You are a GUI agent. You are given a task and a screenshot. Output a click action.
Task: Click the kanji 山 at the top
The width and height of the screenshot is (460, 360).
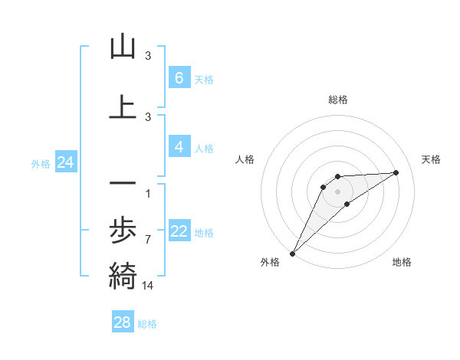click(123, 47)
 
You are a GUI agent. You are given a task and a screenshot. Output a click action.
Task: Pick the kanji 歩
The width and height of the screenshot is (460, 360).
click(123, 230)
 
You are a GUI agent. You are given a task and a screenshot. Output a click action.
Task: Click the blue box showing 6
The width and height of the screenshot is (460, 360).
click(179, 78)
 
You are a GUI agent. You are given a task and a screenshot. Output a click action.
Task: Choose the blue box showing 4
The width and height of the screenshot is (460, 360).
click(179, 147)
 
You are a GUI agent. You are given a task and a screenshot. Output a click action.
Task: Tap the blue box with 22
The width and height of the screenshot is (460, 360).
click(179, 231)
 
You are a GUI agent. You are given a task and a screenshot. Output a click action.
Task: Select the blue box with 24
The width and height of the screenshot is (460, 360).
click(65, 162)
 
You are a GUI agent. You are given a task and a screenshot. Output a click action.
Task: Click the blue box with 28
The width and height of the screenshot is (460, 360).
click(123, 322)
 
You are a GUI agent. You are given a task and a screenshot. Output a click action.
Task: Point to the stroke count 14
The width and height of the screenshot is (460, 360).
click(148, 285)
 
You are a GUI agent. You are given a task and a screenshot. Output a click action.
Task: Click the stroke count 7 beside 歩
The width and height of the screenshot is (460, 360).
click(148, 239)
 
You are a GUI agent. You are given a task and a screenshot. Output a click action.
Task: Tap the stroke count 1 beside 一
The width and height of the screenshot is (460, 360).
click(148, 193)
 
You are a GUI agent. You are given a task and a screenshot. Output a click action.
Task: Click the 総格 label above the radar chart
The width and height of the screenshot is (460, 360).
click(337, 100)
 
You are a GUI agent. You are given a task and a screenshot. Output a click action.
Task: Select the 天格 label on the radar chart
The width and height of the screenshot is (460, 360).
click(431, 159)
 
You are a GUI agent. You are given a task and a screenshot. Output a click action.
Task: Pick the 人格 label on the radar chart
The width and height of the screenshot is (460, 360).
click(245, 159)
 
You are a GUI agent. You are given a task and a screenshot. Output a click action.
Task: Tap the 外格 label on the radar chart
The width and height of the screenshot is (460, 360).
click(270, 263)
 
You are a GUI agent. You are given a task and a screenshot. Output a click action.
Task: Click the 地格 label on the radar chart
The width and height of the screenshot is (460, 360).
click(402, 263)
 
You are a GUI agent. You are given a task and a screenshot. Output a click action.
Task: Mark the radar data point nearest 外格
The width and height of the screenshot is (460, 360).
click(292, 253)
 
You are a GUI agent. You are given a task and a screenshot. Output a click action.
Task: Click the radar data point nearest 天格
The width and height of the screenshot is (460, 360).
click(396, 172)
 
